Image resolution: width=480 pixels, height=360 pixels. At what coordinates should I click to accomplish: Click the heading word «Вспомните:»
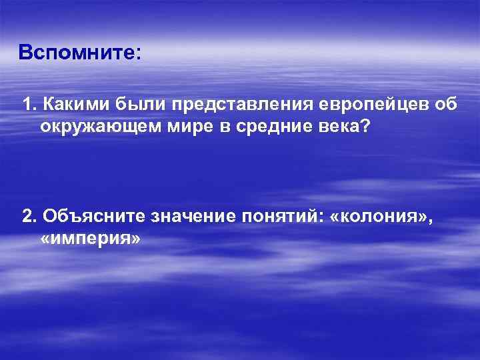(x=80, y=51)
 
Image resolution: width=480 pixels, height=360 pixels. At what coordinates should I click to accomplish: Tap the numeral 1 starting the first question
(x=27, y=105)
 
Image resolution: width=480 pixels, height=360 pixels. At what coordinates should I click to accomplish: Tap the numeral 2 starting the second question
(x=27, y=217)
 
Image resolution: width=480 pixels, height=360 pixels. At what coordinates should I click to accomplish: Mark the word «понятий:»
(x=287, y=217)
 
